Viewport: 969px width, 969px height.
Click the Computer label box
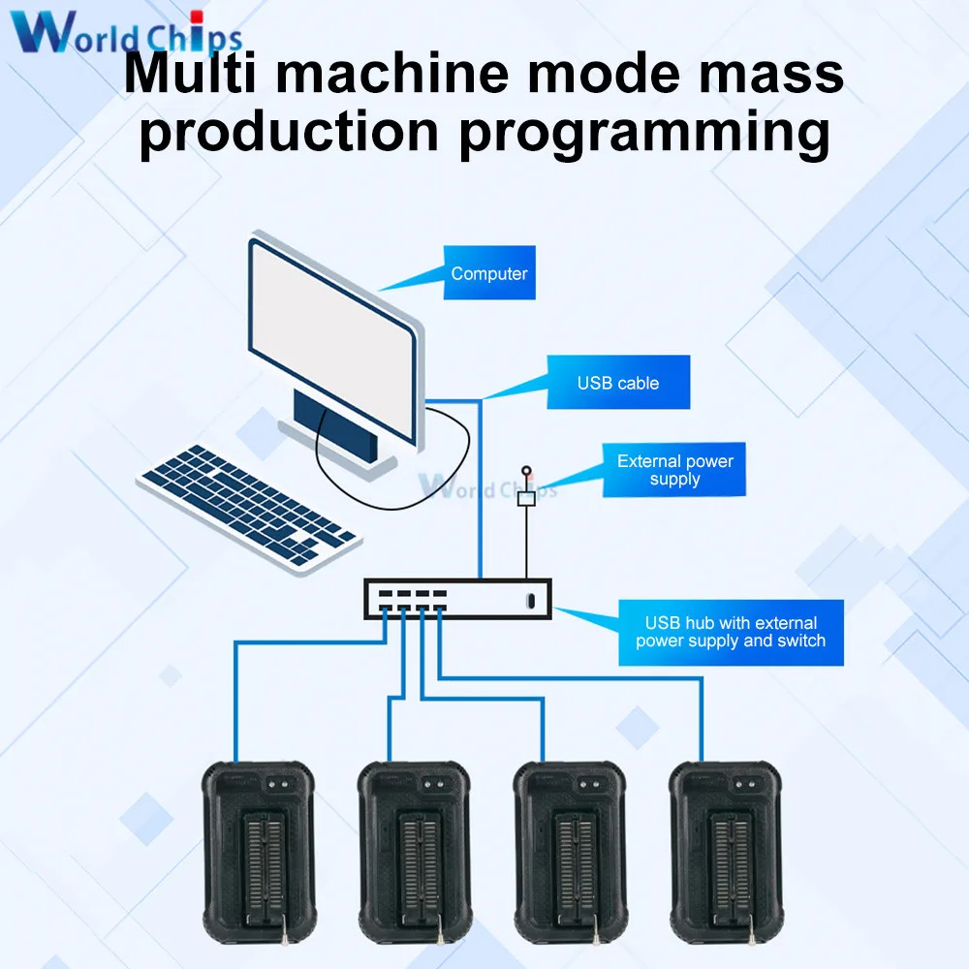click(488, 273)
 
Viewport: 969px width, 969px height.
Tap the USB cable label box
click(618, 383)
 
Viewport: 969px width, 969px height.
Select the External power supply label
click(674, 470)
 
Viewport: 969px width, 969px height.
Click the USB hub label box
click(731, 632)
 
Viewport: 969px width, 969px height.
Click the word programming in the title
click(643, 133)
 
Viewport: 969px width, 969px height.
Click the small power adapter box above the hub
click(527, 499)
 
